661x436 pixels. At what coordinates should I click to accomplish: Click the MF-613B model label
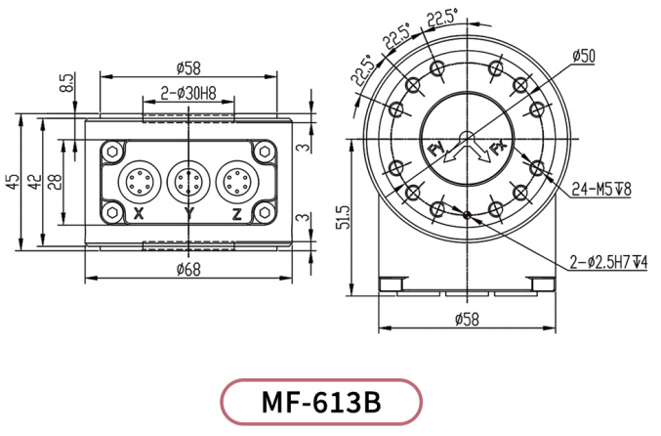click(321, 402)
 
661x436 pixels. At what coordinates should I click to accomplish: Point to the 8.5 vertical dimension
click(66, 83)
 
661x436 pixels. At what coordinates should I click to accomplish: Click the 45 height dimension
click(12, 182)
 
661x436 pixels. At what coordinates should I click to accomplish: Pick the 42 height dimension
click(35, 182)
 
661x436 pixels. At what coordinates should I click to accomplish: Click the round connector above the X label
click(139, 181)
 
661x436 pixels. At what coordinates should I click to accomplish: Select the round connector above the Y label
click(187, 181)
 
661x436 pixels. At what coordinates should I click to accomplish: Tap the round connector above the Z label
click(236, 181)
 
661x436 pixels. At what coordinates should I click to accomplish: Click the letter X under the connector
click(140, 212)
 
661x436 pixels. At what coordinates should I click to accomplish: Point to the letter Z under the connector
click(237, 212)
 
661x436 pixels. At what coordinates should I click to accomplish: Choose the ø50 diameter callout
click(584, 56)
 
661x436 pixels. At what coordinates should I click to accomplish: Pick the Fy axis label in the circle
click(436, 149)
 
